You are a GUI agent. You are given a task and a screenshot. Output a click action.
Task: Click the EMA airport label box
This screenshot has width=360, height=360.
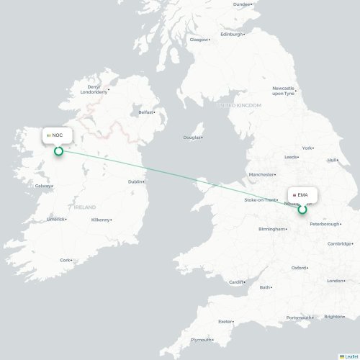coord(302,195)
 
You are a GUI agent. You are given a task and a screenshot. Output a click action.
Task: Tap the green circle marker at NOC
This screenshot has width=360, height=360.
coord(59,150)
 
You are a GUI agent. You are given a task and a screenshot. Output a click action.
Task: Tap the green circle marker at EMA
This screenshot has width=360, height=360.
coord(302,210)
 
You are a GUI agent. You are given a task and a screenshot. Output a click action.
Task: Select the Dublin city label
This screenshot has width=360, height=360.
coord(135,181)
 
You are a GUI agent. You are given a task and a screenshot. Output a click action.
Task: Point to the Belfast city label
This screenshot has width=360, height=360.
coord(146,112)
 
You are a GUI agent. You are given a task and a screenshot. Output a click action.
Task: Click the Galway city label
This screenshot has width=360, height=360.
coord(42,186)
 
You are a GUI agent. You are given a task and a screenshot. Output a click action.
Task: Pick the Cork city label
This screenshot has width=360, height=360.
coord(66,260)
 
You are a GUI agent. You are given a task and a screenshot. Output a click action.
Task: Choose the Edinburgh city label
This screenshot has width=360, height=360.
coord(232,34)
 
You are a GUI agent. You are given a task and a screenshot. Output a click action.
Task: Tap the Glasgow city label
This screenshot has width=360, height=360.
coord(198,40)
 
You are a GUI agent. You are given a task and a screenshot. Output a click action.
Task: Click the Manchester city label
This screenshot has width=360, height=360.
coord(261,174)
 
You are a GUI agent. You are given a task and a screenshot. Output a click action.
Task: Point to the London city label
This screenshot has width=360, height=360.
coord(336,281)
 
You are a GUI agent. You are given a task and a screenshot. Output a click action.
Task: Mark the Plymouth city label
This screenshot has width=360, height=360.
coord(201,340)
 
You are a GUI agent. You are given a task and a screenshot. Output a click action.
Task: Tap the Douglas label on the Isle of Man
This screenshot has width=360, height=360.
coord(192,138)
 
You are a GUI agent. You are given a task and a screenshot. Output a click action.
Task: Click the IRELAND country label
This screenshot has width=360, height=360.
coord(84,207)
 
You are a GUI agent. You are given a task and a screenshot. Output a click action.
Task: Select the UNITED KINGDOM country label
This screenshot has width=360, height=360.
coord(240,105)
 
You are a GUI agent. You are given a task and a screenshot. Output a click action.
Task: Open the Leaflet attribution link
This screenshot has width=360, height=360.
coord(350,356)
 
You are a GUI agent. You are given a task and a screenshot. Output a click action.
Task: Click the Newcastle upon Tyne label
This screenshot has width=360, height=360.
coord(283,91)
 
